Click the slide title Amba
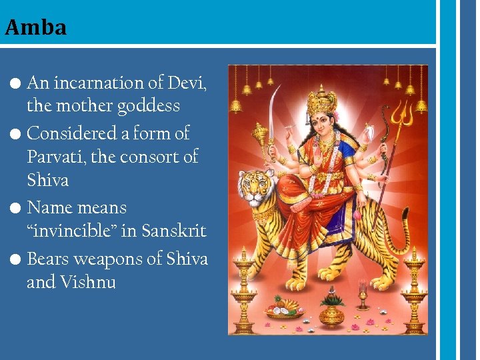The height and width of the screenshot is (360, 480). (x=35, y=27)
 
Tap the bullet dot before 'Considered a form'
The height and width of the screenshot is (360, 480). (x=17, y=134)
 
